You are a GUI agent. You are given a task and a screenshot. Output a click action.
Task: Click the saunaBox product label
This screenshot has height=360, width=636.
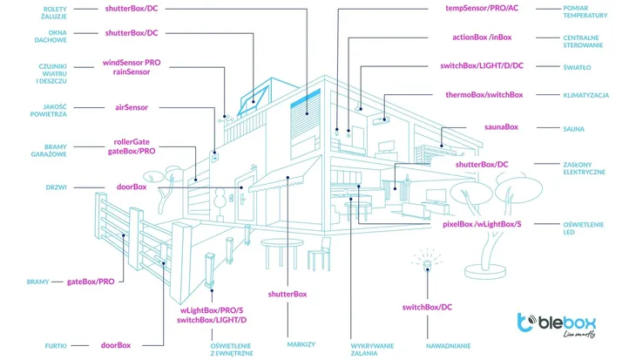tap(501, 127)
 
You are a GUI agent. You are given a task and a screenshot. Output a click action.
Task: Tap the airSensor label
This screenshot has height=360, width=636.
tap(132, 107)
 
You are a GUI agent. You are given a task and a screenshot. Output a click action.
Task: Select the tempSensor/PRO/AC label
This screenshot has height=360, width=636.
tap(482, 8)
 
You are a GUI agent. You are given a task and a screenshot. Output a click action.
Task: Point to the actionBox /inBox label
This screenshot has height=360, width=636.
tap(482, 37)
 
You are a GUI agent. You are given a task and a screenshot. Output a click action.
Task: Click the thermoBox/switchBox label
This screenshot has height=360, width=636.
tap(484, 95)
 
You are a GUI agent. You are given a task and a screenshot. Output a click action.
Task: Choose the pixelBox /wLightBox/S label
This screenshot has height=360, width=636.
tap(482, 224)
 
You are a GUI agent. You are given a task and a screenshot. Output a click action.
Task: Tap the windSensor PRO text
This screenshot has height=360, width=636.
tap(132, 63)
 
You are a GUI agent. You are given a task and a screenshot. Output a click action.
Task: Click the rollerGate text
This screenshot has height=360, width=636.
tap(132, 142)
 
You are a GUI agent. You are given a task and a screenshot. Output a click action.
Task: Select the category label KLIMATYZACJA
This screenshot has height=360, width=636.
tap(585, 95)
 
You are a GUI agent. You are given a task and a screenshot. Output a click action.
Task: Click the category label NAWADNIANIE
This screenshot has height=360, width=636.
tap(448, 346)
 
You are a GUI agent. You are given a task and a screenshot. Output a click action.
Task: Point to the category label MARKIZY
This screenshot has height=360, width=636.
tap(301, 344)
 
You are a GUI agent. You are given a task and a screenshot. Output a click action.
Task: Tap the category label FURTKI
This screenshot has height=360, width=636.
tap(56, 346)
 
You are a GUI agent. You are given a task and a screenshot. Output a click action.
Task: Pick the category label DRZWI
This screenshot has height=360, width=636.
tap(56, 187)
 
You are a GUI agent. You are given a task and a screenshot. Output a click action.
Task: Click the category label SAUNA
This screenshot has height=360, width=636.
tap(573, 129)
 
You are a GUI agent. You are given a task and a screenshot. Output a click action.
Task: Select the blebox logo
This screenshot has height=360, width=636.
tap(557, 325)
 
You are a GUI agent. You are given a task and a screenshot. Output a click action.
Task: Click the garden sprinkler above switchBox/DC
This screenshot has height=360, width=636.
tap(427, 261)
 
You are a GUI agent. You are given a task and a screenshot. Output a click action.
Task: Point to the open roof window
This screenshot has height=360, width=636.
tap(254, 100)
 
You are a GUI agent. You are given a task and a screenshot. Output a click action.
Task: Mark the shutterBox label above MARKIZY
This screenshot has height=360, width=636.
tap(288, 295)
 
